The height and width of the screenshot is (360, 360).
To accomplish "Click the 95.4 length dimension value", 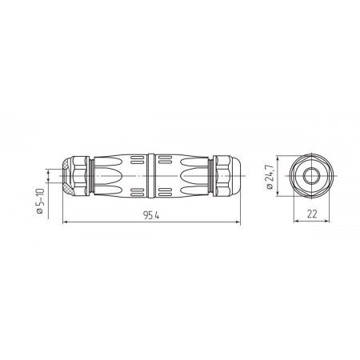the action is point(151,215).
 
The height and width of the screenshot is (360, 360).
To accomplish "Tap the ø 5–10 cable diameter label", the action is point(40,201).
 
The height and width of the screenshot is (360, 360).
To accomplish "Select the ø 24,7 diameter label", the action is point(270,177).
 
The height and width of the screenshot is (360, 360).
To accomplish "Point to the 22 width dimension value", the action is point(312,214).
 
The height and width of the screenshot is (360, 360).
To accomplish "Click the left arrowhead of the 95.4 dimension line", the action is point(65,222).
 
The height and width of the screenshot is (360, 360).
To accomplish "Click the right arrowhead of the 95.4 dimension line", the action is point(238,222).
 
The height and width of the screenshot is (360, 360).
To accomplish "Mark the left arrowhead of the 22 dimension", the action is point(296,221).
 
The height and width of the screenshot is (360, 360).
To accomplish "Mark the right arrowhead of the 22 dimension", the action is point(327,221).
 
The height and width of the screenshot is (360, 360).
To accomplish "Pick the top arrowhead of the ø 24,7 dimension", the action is point(278,159).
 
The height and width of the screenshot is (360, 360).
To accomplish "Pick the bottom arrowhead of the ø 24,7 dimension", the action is point(278,194).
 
